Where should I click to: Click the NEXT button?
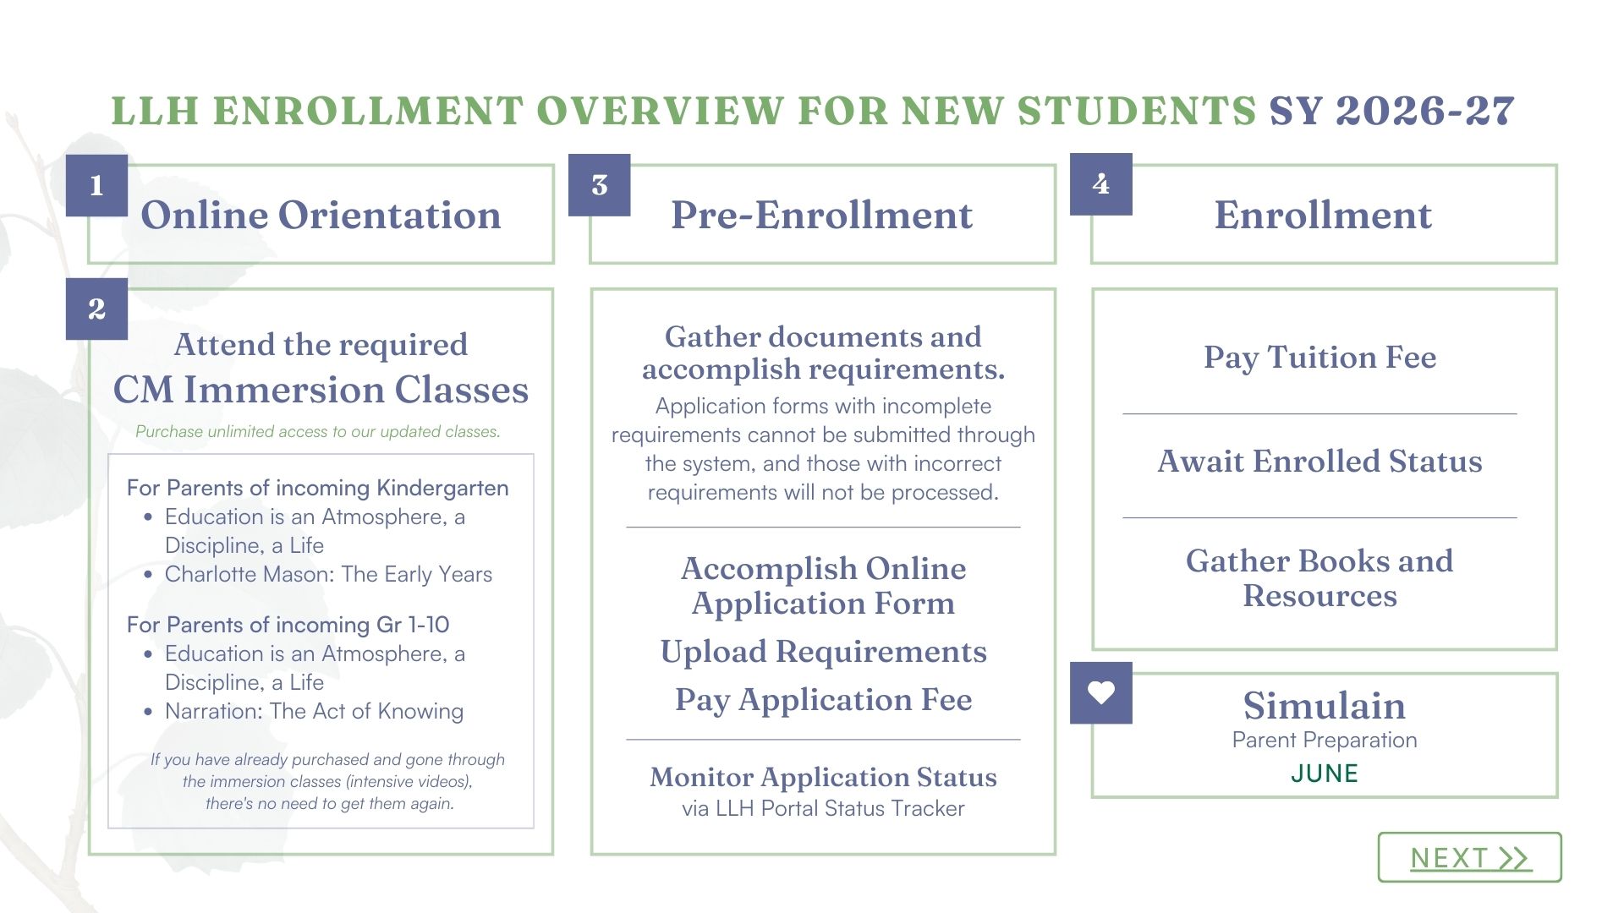coord(1469,857)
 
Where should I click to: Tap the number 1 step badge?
coord(96,185)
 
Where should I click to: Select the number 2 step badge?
coord(96,309)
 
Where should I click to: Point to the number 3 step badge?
coord(599,185)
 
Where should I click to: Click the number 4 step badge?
coord(1100,184)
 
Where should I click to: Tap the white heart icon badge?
coord(1100,693)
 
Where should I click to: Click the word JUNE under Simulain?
coord(1324,774)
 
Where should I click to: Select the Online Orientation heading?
coord(321,215)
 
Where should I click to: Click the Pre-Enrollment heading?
coord(821,215)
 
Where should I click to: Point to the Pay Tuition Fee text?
coord(1319,357)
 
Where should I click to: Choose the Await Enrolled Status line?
coord(1319,462)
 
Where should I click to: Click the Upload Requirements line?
coord(823,652)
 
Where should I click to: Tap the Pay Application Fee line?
coord(823,700)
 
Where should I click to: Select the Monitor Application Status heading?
coord(823,777)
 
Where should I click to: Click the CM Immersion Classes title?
coord(321,390)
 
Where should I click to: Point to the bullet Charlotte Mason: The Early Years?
coord(328,574)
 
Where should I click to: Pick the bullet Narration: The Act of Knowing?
coord(314,711)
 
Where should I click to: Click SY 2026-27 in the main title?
coord(1391,111)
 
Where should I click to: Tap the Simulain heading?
coord(1324,705)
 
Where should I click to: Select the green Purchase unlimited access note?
coord(318,431)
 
